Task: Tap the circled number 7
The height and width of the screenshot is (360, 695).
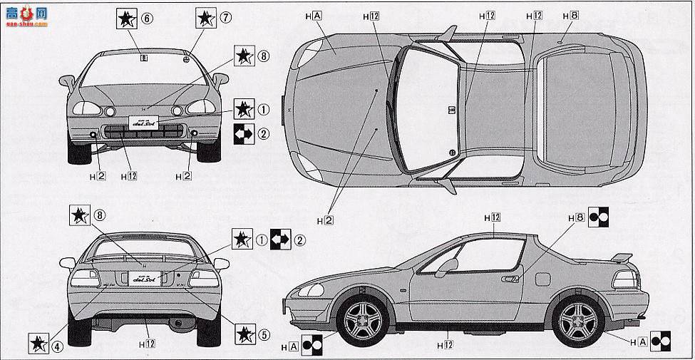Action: click(x=226, y=17)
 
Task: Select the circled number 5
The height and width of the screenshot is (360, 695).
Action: click(x=264, y=334)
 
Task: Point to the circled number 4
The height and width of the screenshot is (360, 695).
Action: click(x=57, y=347)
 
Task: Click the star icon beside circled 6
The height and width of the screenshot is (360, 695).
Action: click(x=125, y=19)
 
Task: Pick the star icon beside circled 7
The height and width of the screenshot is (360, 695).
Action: click(x=205, y=18)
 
